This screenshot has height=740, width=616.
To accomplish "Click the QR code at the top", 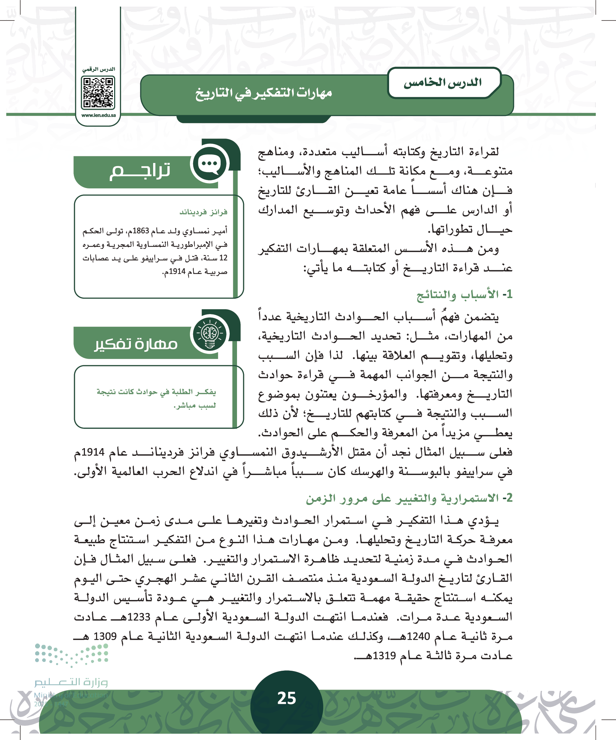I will pyautogui.click(x=98, y=93).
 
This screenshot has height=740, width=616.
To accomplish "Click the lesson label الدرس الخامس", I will pyautogui.click(x=442, y=83).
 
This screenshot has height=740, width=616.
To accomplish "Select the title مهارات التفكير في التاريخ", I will pyautogui.click(x=264, y=93).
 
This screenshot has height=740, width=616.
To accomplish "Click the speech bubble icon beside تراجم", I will pyautogui.click(x=210, y=164).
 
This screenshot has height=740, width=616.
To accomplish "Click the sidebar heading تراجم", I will pyautogui.click(x=140, y=172).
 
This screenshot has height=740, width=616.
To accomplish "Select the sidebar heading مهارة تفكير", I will pyautogui.click(x=136, y=344).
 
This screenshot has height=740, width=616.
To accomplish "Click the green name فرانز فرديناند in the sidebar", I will pyautogui.click(x=203, y=212).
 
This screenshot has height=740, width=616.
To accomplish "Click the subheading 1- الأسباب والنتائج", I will pyautogui.click(x=464, y=295).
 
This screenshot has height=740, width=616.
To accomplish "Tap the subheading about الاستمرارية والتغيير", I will pyautogui.click(x=409, y=498).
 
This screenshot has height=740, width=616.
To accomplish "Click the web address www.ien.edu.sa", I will pyautogui.click(x=98, y=115).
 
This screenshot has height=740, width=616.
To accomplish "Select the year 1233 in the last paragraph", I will pyautogui.click(x=139, y=617).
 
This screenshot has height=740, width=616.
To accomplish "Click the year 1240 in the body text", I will pyautogui.click(x=418, y=637).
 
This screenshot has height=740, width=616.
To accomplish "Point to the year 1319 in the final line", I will pyautogui.click(x=384, y=656).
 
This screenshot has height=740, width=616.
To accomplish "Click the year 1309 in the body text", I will pyautogui.click(x=105, y=637).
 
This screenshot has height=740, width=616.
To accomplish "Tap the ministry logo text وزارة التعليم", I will pyautogui.click(x=71, y=682).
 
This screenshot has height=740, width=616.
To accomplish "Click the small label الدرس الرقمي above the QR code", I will pyautogui.click(x=98, y=69).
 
